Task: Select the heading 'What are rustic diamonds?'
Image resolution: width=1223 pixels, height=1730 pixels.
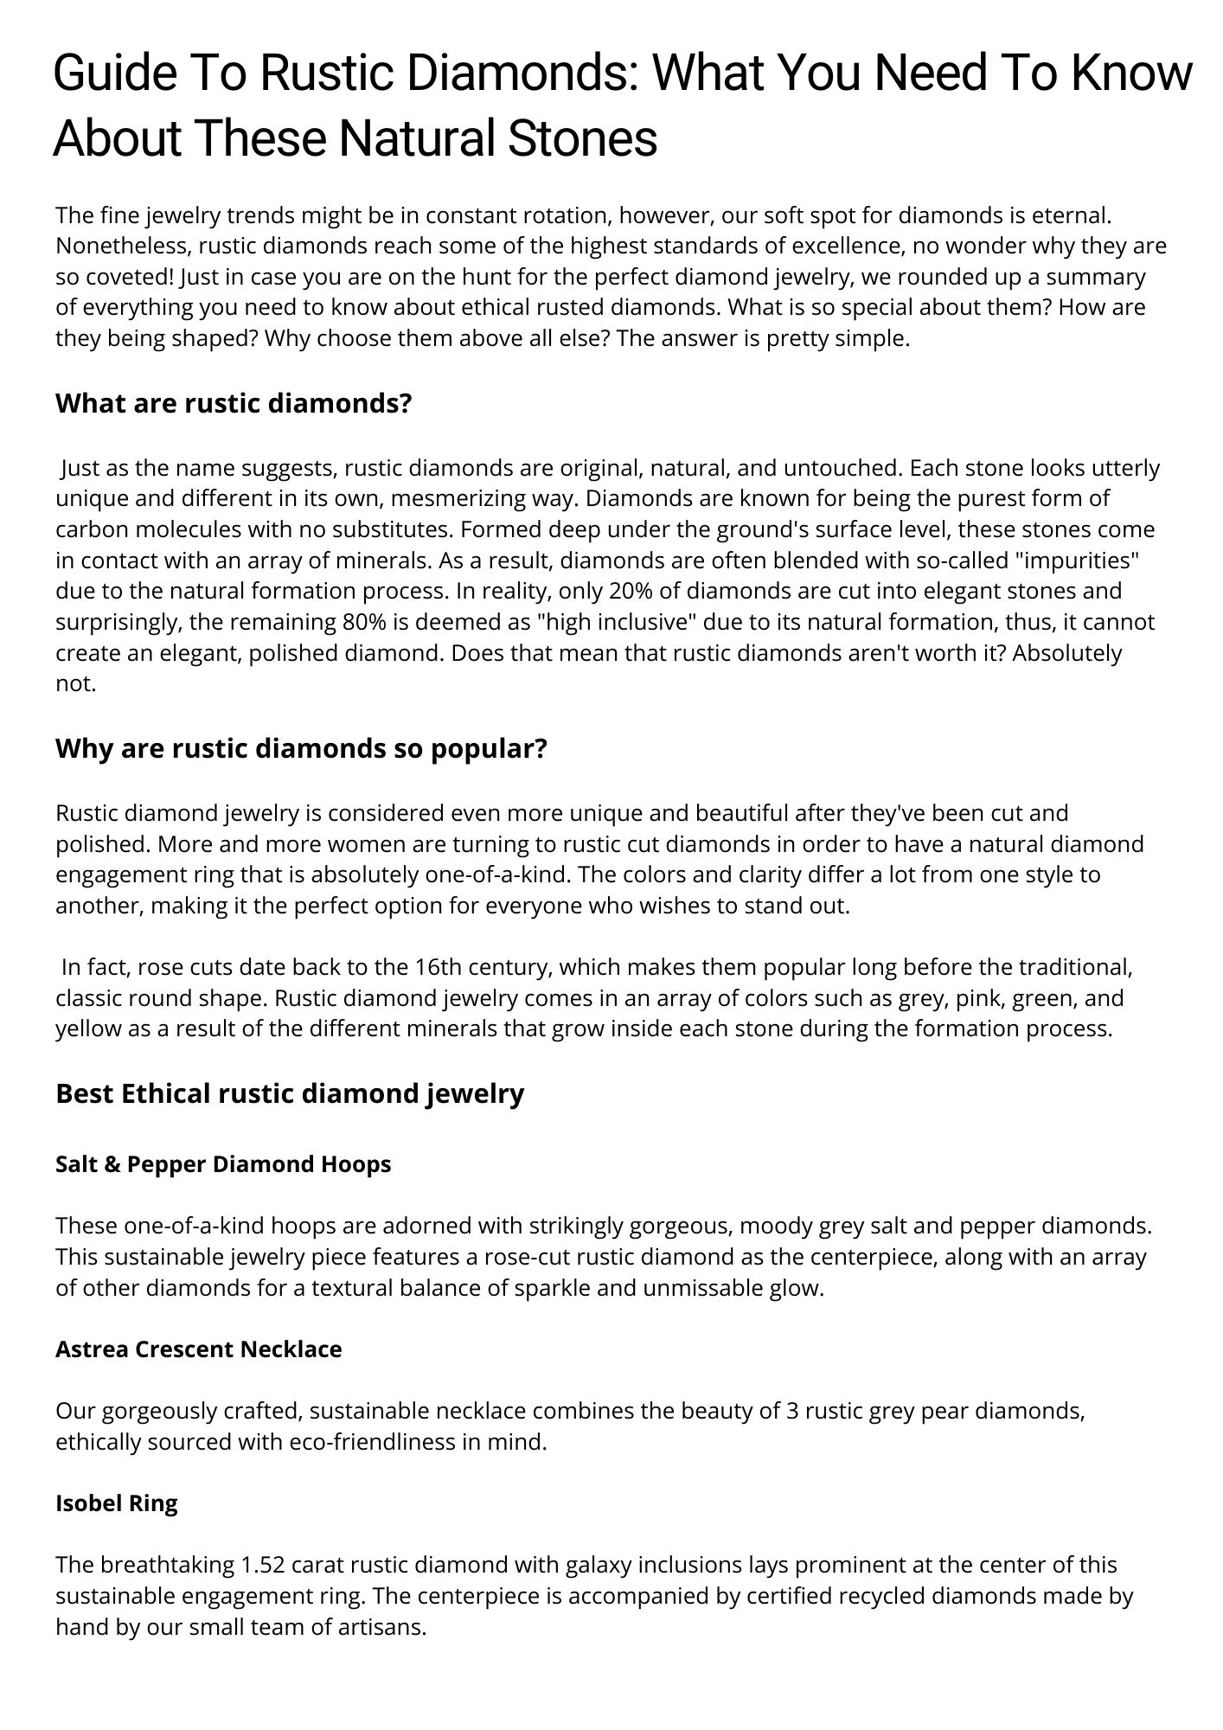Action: click(234, 403)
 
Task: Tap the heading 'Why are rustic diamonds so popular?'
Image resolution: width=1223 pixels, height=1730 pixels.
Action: click(302, 748)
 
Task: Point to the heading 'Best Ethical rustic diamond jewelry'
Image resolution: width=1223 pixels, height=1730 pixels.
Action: click(290, 1093)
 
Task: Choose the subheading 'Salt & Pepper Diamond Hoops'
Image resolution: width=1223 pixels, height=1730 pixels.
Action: click(223, 1164)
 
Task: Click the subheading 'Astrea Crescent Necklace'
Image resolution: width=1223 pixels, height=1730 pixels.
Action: click(199, 1349)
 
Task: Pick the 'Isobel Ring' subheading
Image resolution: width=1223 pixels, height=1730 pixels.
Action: click(117, 1503)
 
